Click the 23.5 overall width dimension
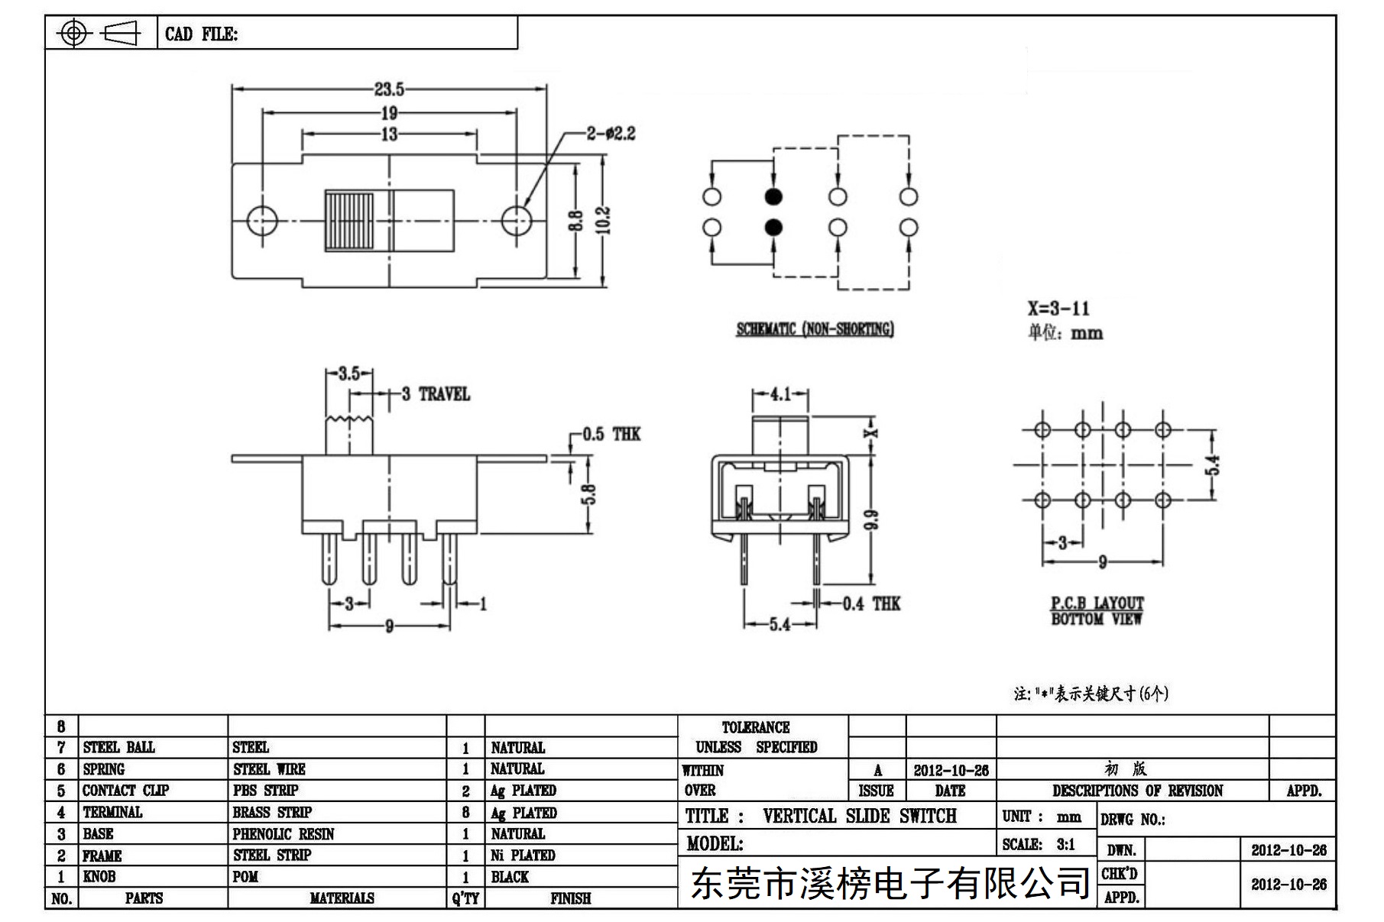[389, 89]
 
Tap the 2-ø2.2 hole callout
[611, 134]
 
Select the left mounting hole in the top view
[261, 222]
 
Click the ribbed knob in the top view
[349, 222]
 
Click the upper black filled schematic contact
[773, 197]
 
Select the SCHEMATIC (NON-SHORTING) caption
[815, 329]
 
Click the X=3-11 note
[1058, 309]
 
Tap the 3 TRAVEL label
[436, 394]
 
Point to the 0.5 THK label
[611, 434]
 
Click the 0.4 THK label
[871, 604]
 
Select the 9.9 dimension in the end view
[874, 519]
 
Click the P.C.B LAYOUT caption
[1097, 603]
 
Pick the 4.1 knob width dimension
[780, 394]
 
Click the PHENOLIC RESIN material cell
[284, 834]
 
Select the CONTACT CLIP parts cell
[125, 791]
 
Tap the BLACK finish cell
[510, 877]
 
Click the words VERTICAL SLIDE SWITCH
[859, 816]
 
